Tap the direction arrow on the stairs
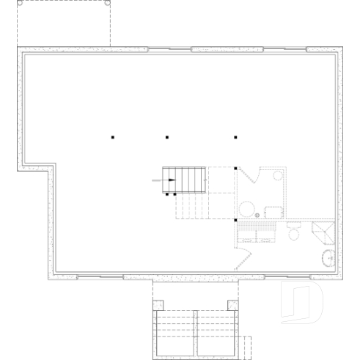point(165,180)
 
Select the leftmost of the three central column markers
point(113,136)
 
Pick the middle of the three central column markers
point(167,136)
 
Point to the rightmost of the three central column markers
point(235,136)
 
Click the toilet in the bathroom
point(295,232)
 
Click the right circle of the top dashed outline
point(108,3)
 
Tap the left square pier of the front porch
point(156,304)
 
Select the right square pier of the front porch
point(233,304)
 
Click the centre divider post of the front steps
point(196,334)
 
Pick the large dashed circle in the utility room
point(247,208)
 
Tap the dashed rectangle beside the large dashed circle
point(273,212)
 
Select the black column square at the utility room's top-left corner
point(235,169)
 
